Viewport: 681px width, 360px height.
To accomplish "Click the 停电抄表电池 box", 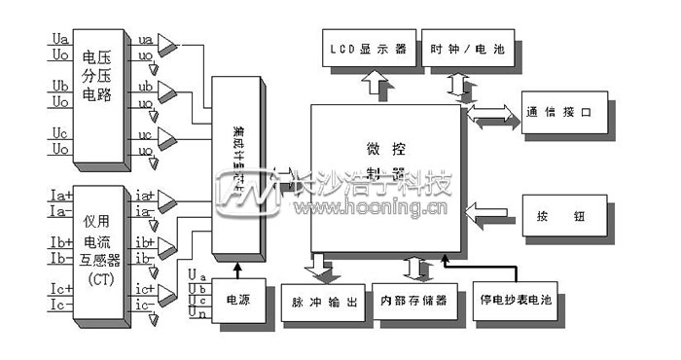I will click(x=515, y=302).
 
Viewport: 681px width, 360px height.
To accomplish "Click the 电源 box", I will click(x=237, y=302).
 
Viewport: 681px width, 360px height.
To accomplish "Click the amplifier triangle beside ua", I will click(x=168, y=43).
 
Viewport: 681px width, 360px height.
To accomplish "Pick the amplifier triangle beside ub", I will click(x=168, y=90).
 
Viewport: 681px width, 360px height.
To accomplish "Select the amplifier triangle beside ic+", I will click(x=168, y=290).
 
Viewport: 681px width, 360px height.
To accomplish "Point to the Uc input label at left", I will click(x=59, y=133).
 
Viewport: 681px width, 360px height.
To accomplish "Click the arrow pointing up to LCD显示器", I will click(x=380, y=88).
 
